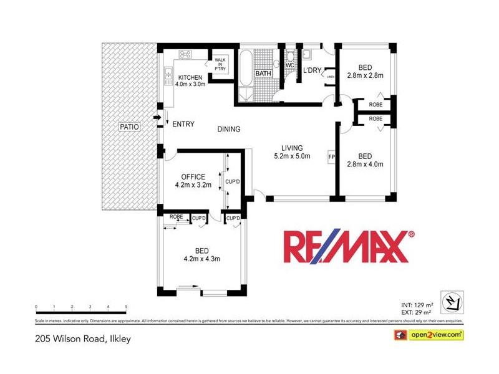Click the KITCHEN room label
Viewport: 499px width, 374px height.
(190, 77)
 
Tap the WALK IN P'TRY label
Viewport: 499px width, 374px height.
(220, 64)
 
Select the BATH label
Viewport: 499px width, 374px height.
(263, 74)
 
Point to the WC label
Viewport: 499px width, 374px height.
(290, 65)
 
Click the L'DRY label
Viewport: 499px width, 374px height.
(312, 71)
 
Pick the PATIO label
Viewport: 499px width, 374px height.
(129, 127)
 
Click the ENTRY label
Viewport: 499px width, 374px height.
(183, 125)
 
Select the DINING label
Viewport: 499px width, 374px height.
(229, 129)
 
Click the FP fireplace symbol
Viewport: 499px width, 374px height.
(332, 156)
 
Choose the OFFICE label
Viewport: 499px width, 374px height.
(193, 176)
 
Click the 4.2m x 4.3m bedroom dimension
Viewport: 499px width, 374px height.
(201, 259)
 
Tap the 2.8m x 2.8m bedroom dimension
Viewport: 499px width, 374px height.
(365, 76)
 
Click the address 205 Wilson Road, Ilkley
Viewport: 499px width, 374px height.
(82, 340)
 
